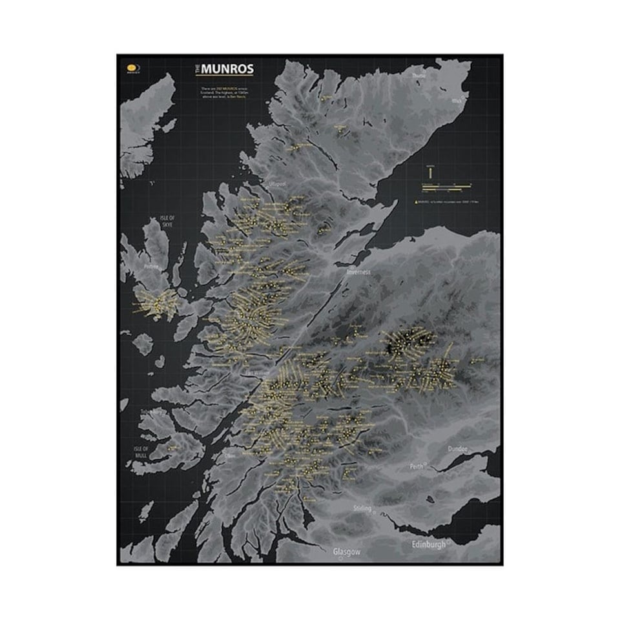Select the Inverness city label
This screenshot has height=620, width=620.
tap(358, 272)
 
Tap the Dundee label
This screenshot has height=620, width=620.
tap(460, 449)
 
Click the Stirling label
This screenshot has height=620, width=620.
tap(363, 508)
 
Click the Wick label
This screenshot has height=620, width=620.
tap(457, 101)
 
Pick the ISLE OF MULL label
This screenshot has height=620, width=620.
tap(141, 452)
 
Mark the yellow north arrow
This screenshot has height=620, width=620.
tap(429, 172)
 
